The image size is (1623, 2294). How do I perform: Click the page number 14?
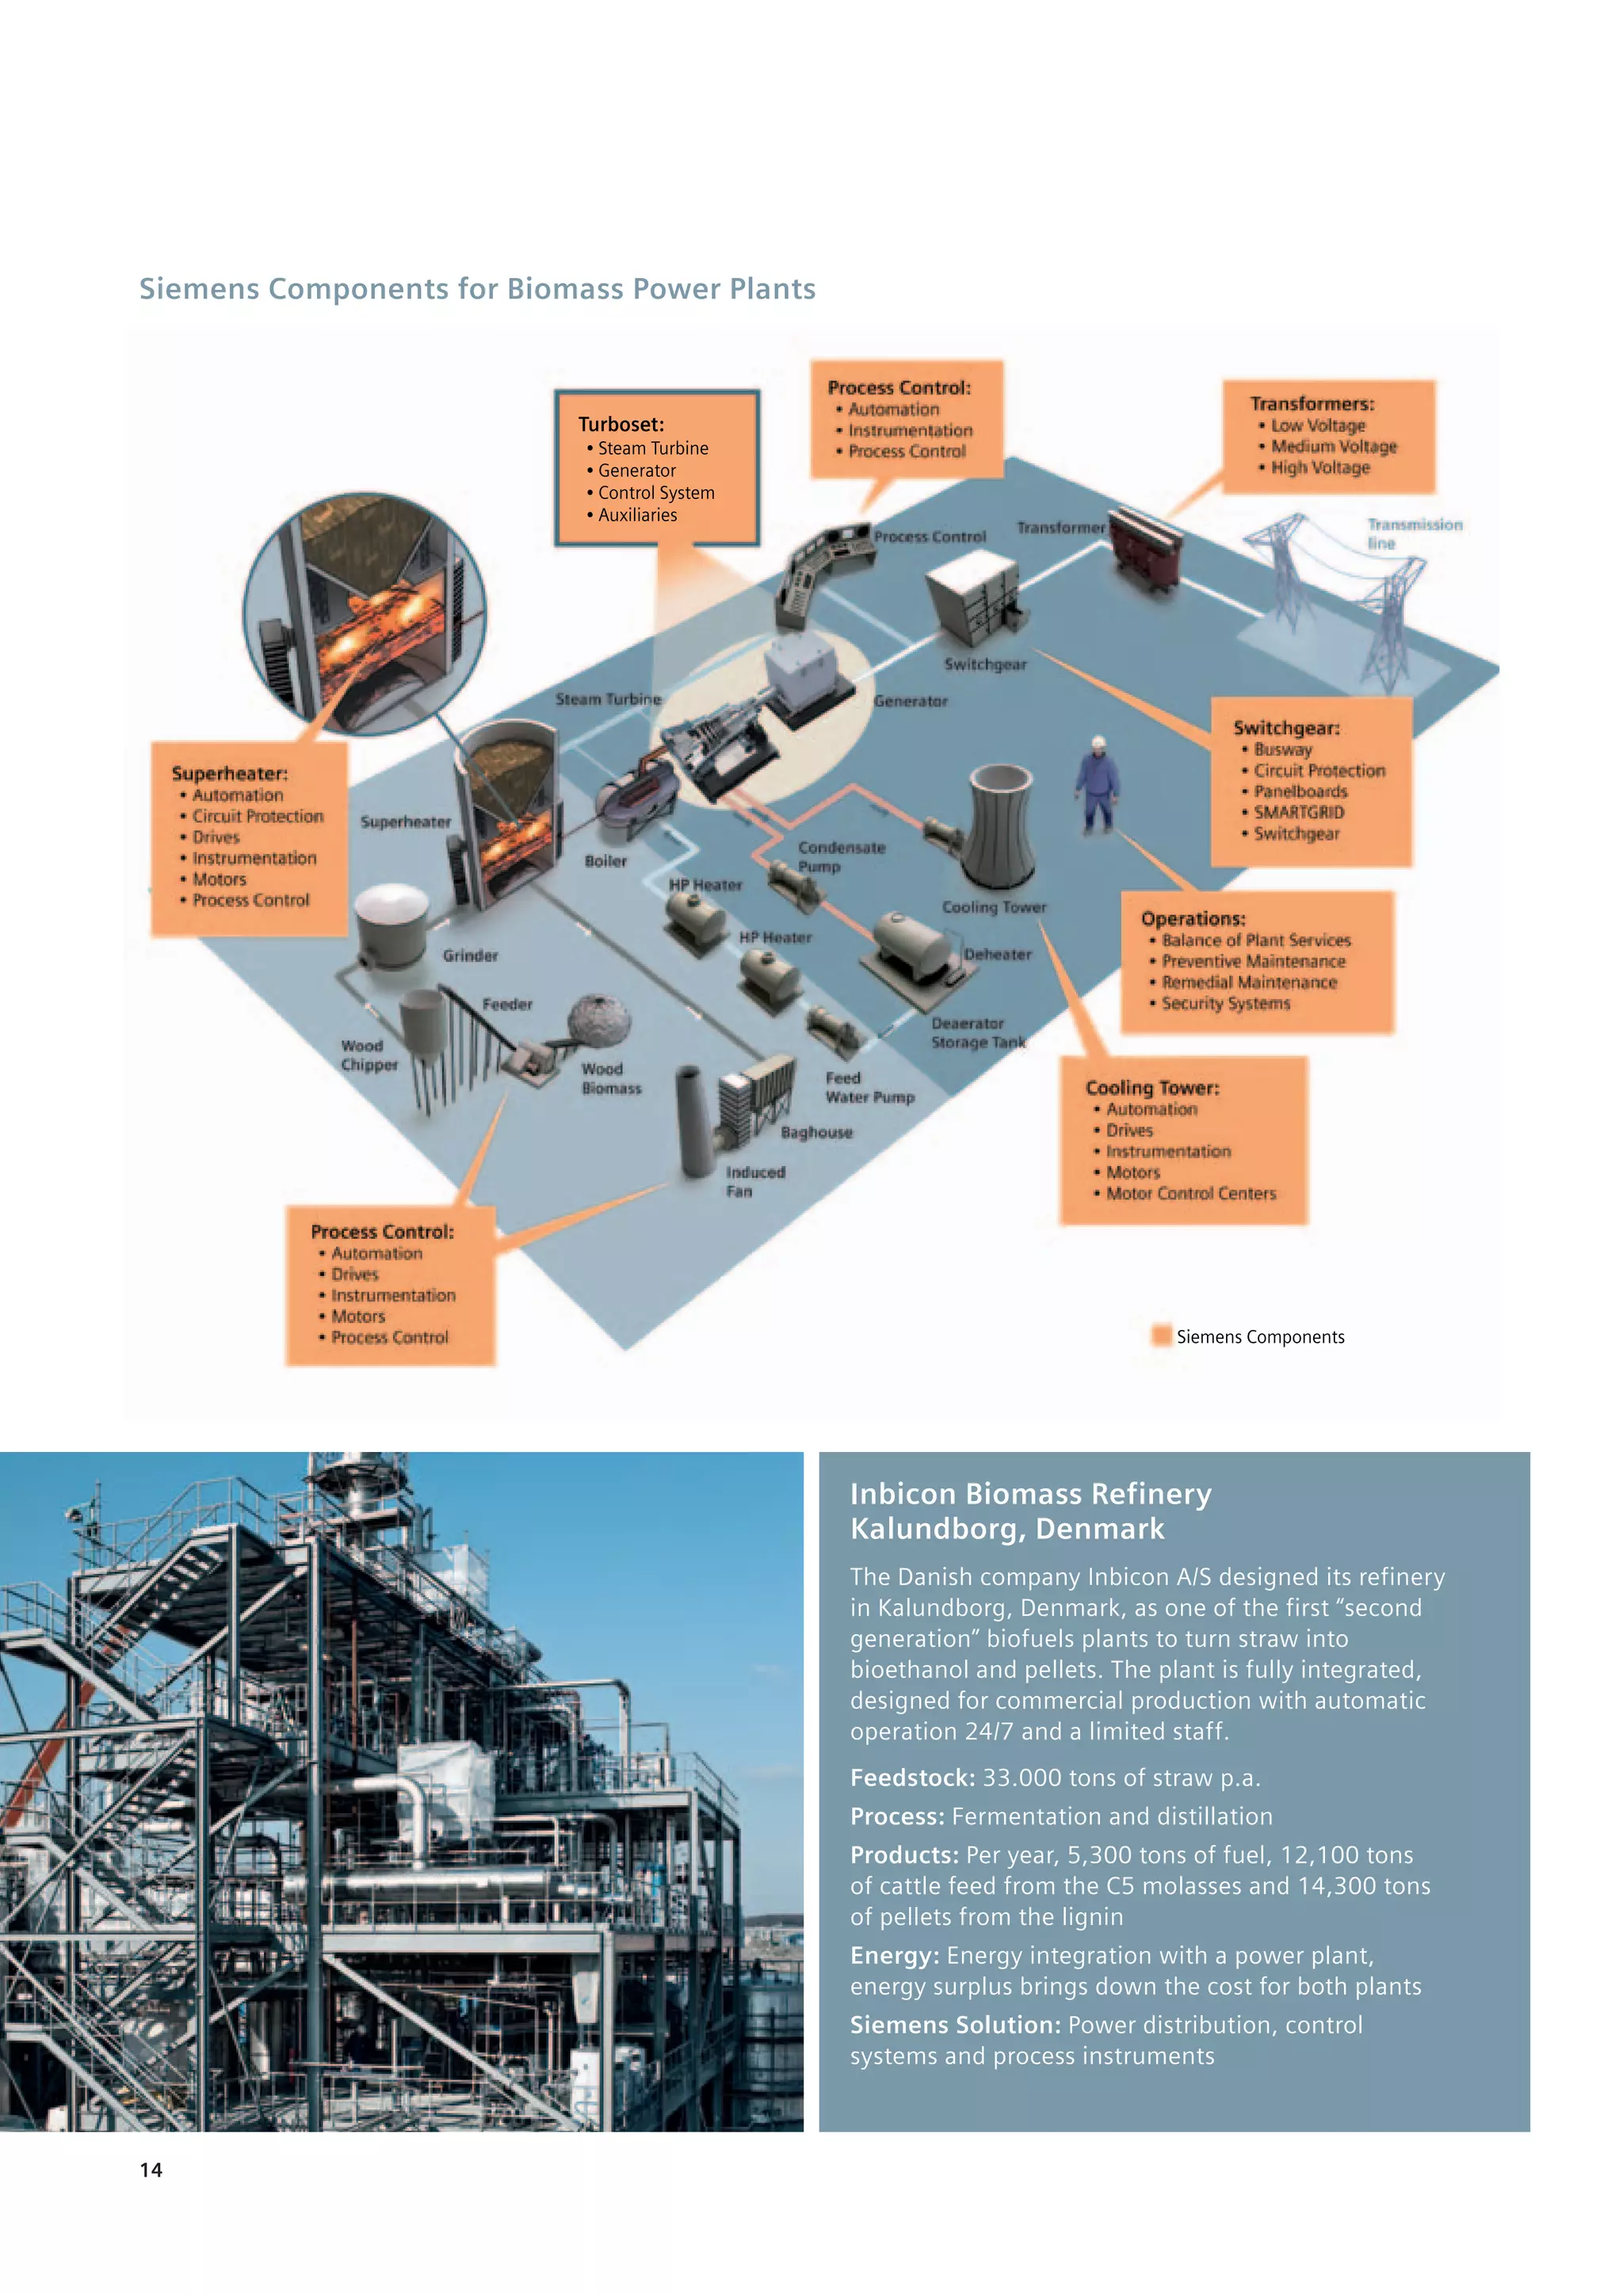(x=151, y=2169)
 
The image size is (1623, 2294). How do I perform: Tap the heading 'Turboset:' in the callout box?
(x=621, y=424)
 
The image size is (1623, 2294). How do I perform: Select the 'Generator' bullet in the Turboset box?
(x=636, y=471)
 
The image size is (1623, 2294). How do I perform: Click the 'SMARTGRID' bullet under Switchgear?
(x=1298, y=812)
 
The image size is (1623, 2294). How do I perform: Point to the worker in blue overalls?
(x=1098, y=785)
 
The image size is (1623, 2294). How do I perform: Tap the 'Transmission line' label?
(x=1413, y=534)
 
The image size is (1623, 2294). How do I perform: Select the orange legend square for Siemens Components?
(x=1160, y=1336)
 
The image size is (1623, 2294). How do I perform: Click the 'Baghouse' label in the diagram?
(x=816, y=1132)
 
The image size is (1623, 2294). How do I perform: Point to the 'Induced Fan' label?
(x=754, y=1181)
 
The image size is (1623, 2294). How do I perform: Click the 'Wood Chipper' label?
(x=369, y=1055)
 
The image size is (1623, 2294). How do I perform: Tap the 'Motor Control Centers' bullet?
(x=1190, y=1193)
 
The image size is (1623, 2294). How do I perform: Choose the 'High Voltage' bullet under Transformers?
(x=1319, y=467)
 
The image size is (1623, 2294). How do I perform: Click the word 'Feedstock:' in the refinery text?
(x=911, y=1778)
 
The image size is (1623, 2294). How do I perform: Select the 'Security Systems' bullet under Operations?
(x=1225, y=1003)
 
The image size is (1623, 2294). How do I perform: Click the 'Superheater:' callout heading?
(x=229, y=773)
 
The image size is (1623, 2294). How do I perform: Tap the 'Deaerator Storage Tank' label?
(x=977, y=1032)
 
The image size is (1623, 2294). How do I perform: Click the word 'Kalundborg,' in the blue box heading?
(x=938, y=1529)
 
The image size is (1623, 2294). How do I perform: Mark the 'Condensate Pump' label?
(x=841, y=856)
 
